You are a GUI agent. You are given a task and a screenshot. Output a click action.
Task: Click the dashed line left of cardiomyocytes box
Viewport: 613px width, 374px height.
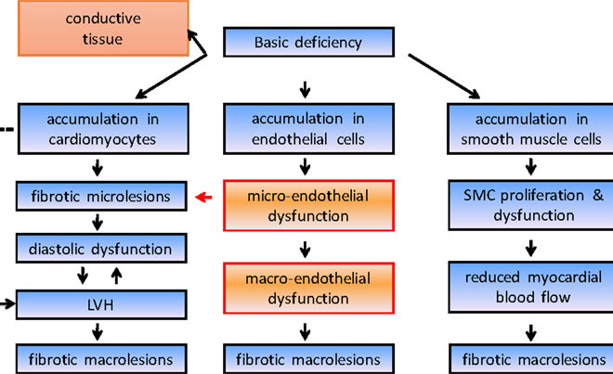click(x=7, y=128)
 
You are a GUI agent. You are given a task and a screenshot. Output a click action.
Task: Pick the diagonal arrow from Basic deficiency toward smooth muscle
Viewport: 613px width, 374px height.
click(x=445, y=75)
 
